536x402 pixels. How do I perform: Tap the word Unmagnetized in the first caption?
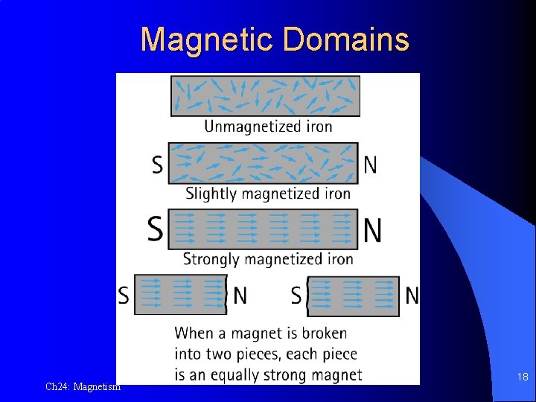(x=243, y=127)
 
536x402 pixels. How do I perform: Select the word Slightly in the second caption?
(x=211, y=194)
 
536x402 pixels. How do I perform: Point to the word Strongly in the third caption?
(x=212, y=260)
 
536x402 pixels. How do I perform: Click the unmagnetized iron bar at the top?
(x=265, y=96)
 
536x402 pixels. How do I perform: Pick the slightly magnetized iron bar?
(x=263, y=163)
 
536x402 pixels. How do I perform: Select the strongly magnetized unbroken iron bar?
(x=263, y=229)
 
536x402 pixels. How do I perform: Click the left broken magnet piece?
(x=180, y=296)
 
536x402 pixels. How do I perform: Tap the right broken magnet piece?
(x=354, y=296)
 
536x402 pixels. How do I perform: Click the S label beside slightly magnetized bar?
(x=157, y=165)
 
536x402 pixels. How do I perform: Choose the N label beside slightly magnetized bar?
(x=370, y=165)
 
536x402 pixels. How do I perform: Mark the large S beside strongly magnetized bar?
(x=155, y=229)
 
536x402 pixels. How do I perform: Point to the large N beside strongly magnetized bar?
(x=373, y=229)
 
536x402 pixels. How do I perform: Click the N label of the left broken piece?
(x=240, y=296)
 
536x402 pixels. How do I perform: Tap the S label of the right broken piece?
(x=296, y=296)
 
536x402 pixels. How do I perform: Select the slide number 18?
(x=523, y=377)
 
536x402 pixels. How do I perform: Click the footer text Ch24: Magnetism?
(x=83, y=386)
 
